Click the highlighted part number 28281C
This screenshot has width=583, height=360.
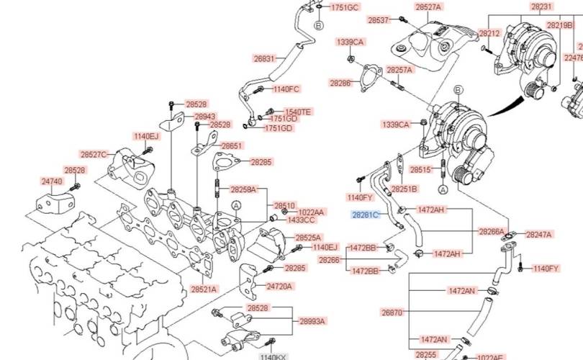(365, 215)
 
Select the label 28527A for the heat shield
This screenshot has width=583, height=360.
(428, 6)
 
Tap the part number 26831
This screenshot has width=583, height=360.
(264, 58)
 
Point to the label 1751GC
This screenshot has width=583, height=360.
(344, 7)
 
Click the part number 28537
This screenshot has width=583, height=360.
(378, 20)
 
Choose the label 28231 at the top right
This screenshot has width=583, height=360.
(542, 6)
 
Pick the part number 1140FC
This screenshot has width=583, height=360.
(286, 89)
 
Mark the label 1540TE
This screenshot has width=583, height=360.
(298, 112)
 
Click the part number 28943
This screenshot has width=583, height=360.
(205, 116)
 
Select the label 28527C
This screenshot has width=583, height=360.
(94, 154)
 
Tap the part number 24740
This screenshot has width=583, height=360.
(51, 182)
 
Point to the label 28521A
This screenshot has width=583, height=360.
(204, 289)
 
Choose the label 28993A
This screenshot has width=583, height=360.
(312, 321)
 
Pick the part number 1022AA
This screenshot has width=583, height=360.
(311, 212)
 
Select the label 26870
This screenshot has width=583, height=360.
(392, 312)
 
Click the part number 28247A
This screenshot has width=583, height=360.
(538, 235)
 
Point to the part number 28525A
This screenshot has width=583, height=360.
(308, 237)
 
